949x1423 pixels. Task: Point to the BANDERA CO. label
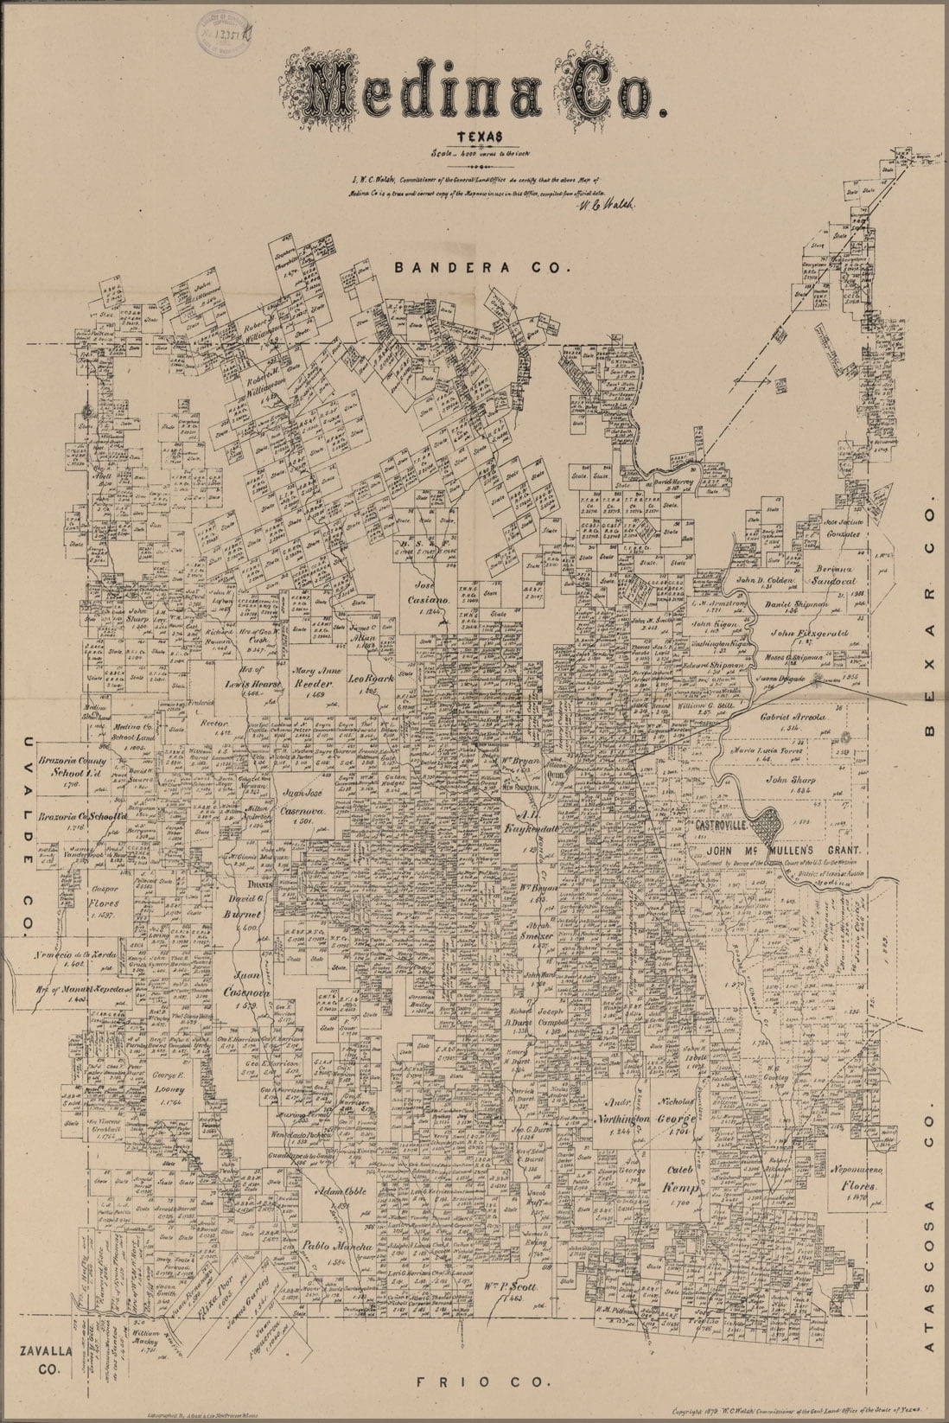(482, 268)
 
